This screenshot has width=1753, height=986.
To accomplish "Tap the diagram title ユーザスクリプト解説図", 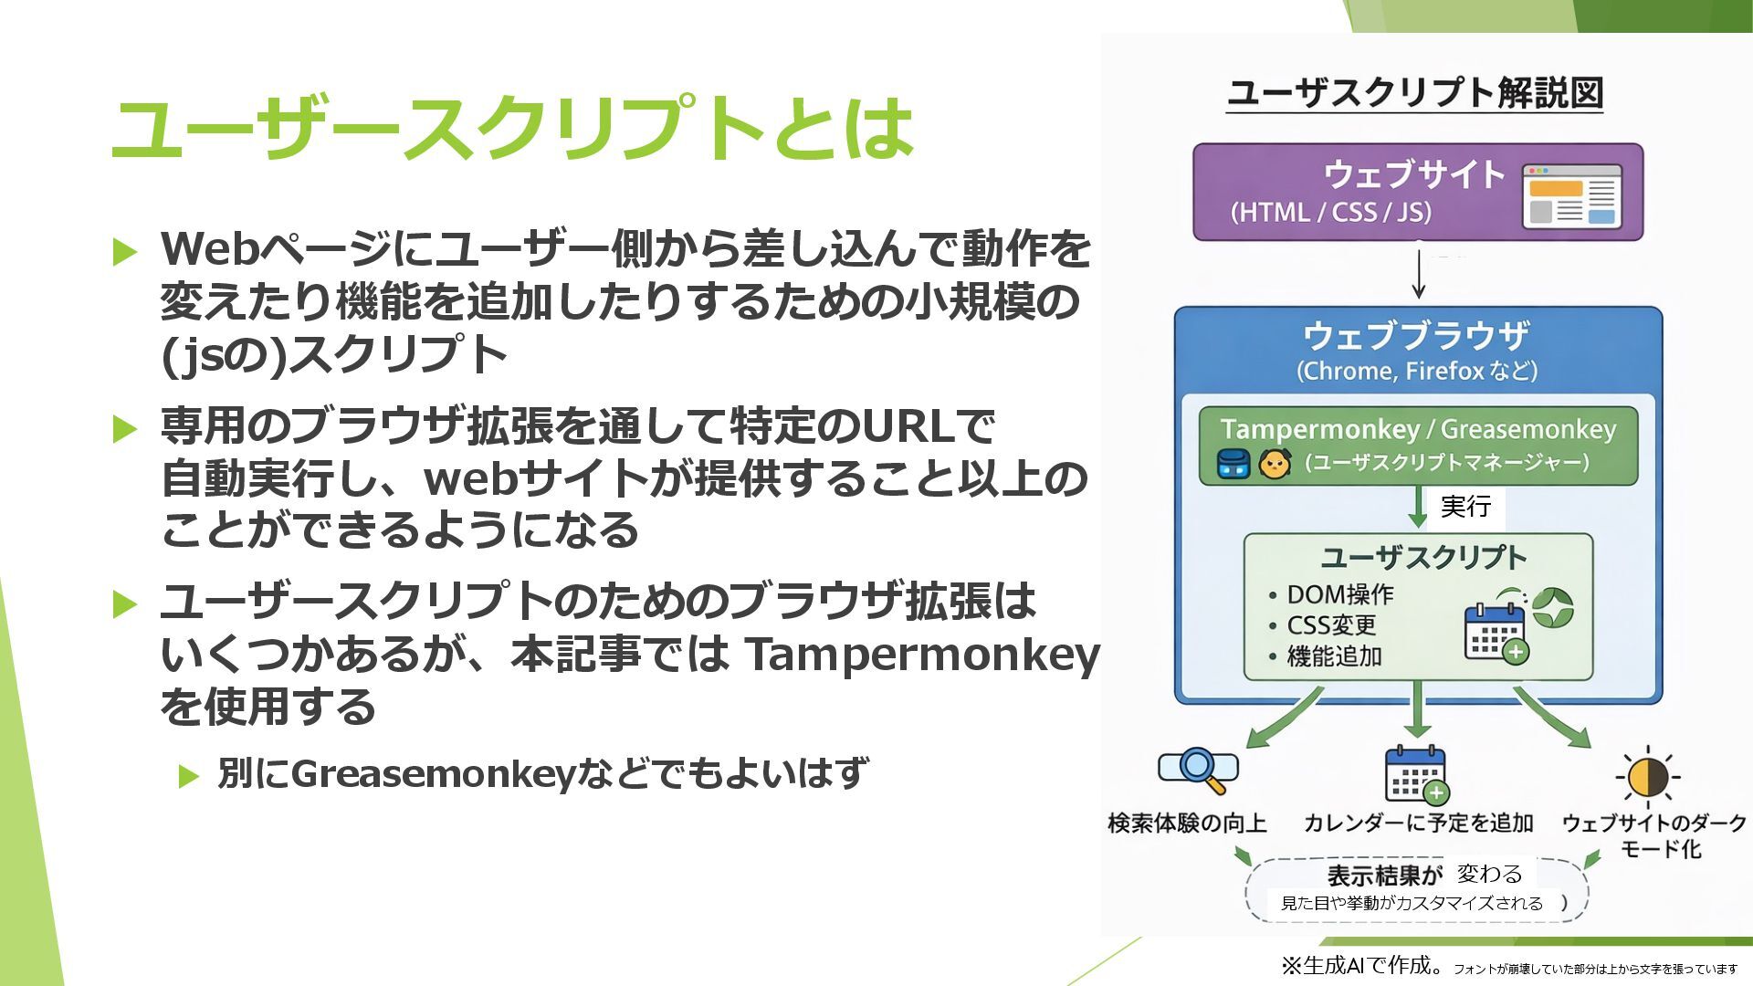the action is [1414, 93].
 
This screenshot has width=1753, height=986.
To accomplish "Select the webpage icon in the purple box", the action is [1571, 195].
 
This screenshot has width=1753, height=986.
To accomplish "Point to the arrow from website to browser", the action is [1418, 272].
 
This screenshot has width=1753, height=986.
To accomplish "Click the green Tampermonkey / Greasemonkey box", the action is [1418, 445].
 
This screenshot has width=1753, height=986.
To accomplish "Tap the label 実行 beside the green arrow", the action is [1465, 506].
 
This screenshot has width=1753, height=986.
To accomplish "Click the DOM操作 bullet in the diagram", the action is [1339, 595].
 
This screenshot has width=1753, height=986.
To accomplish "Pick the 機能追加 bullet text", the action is [1334, 656].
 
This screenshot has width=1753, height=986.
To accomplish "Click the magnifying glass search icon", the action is [1199, 771].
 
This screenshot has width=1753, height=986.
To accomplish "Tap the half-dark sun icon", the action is [1647, 778].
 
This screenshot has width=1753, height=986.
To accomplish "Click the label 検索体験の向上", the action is [1187, 823].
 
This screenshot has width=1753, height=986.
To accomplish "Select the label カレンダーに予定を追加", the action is [1418, 823].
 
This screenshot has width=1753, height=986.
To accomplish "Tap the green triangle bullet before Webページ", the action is [125, 250].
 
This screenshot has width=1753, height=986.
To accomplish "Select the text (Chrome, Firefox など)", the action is [1417, 372].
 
